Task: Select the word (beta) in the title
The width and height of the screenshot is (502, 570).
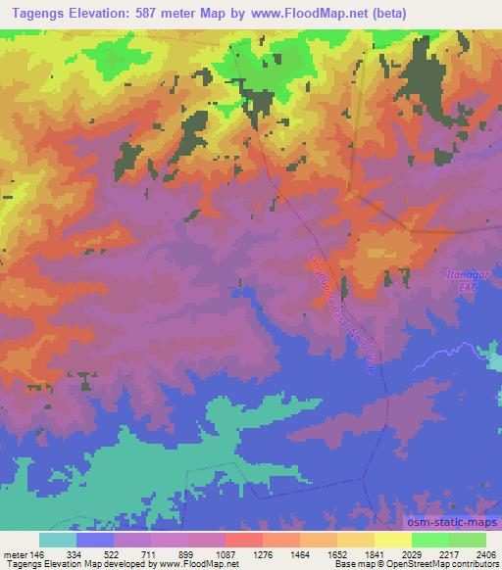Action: (385, 12)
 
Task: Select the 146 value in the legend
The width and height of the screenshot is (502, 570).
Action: (36, 553)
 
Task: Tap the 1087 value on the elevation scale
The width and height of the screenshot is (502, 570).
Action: (226, 553)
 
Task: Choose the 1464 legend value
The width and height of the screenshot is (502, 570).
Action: (301, 553)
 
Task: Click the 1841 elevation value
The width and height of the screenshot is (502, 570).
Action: (376, 553)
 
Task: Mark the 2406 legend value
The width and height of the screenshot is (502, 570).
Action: (485, 553)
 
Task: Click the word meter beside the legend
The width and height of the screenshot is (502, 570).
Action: (14, 553)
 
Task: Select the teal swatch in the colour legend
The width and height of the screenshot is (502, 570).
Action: (57, 540)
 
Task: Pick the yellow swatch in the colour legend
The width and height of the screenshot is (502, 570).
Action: (393, 540)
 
